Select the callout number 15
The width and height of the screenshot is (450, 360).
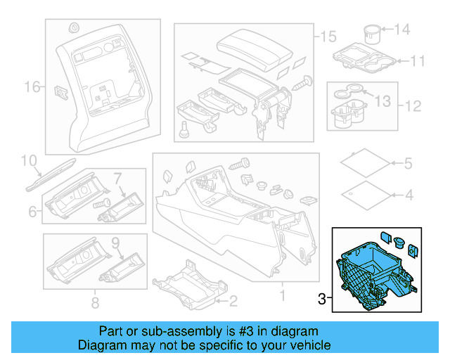(329, 36)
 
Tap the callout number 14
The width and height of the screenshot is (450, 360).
(401, 30)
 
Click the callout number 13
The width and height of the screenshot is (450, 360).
(382, 102)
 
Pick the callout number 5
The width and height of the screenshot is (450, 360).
(408, 164)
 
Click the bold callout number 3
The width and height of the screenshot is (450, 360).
(322, 300)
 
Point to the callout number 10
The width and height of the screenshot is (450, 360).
(28, 161)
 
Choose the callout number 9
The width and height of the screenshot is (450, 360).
(117, 244)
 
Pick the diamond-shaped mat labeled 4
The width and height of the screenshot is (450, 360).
(365, 193)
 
